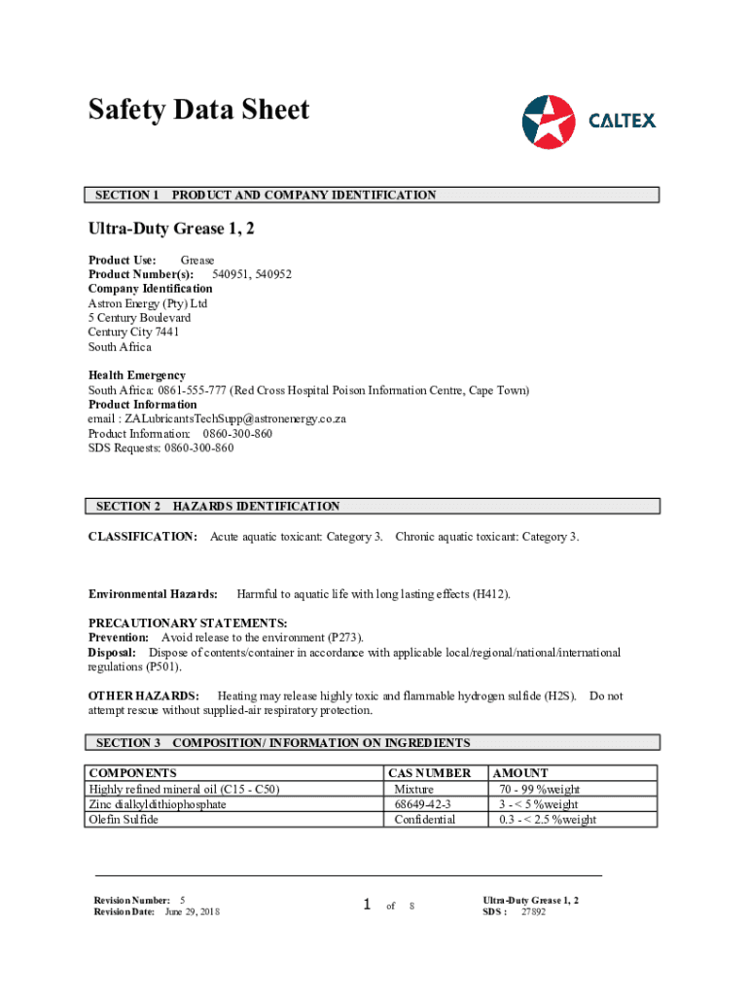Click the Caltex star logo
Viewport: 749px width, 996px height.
pos(549,122)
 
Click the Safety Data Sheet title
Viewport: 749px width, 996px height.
pos(198,110)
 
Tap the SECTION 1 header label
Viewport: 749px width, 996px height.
pos(127,196)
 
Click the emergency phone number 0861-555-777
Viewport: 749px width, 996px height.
pos(186,390)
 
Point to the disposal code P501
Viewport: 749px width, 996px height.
pos(162,667)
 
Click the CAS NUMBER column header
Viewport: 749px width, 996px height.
pos(429,773)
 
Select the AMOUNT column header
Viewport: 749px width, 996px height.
pos(521,773)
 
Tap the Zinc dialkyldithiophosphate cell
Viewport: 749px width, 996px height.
pos(158,804)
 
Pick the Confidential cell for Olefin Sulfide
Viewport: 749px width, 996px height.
pos(424,820)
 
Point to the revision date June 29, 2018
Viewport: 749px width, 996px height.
pos(192,911)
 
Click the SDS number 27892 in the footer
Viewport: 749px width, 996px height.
pos(533,912)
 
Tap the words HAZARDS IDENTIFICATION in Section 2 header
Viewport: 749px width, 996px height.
pos(256,507)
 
